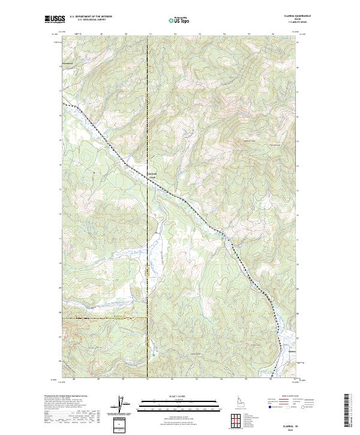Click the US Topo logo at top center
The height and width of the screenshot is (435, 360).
pos(180,20)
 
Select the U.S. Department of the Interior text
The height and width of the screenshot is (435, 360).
pos(91,17)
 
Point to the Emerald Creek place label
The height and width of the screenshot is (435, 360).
pos(152,176)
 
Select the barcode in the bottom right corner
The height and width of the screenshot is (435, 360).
pos(346,410)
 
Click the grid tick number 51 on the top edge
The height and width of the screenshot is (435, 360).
pos(150,34)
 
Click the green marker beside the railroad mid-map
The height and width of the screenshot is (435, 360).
pos(226,239)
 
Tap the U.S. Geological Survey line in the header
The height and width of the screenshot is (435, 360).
pos(88,20)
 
